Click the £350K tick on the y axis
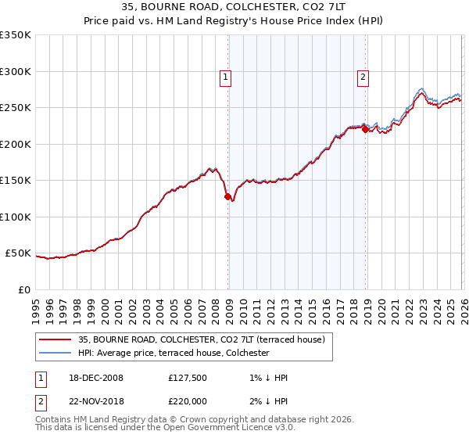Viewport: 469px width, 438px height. pos(16,35)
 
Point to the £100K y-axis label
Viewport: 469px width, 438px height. pos(16,217)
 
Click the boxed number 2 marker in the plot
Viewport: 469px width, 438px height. pos(364,77)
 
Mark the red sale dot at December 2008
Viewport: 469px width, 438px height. pos(228,197)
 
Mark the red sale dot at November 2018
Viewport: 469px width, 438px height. pos(365,130)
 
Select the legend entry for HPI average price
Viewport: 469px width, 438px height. pos(174,353)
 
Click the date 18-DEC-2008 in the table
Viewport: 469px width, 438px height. pos(96,378)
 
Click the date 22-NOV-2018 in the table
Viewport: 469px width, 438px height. pos(96,402)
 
